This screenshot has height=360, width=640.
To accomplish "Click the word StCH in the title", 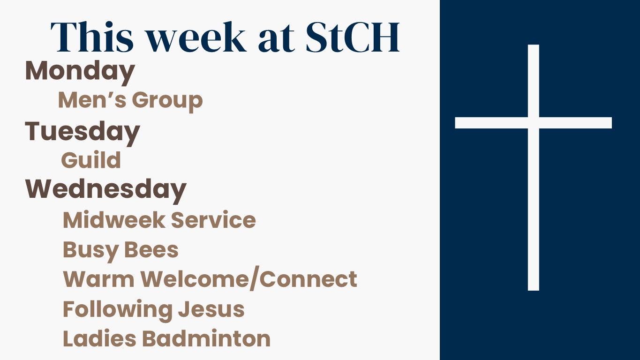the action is [353, 37].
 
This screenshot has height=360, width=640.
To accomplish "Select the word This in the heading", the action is [92, 37].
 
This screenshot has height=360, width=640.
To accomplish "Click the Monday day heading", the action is [80, 73].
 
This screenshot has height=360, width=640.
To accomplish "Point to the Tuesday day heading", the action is [83, 133].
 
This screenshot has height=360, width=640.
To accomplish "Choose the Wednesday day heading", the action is [105, 191].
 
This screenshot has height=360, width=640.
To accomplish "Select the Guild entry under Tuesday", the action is [91, 159].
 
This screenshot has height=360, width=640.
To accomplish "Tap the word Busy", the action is [90, 251].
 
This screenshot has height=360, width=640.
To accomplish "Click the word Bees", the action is [151, 250].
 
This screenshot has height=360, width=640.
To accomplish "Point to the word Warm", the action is [98, 279].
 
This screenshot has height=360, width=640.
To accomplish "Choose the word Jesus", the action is [211, 309].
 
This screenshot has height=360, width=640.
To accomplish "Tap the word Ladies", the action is [99, 338].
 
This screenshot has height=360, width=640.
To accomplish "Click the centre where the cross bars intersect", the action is [534, 123].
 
